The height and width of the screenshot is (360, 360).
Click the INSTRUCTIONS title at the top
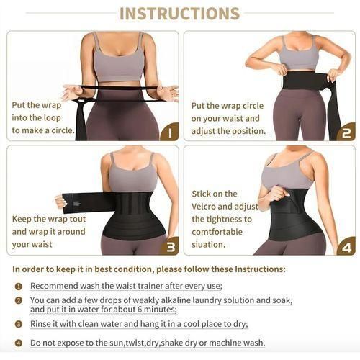179,14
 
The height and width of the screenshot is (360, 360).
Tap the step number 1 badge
168,132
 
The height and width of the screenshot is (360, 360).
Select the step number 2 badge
346,132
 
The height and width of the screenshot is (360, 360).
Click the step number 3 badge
168,246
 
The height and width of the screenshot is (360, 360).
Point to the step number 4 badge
346,246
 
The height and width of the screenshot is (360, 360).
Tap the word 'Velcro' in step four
207,207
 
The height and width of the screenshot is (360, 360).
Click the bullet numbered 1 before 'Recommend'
19,287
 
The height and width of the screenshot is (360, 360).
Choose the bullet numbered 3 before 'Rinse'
19,324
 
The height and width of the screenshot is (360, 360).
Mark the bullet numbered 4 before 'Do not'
19,343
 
